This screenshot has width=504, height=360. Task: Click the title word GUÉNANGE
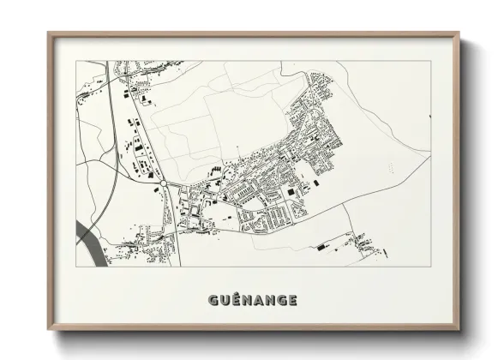(252, 300)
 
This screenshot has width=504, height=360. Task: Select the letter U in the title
(224, 300)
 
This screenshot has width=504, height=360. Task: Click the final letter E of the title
(293, 300)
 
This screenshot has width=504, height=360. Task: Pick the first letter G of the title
(212, 300)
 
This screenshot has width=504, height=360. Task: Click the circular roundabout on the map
(163, 183)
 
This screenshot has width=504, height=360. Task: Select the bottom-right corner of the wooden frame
(459, 329)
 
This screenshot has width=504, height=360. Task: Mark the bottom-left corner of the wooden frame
(49, 329)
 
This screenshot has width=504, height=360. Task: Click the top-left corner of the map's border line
(76, 61)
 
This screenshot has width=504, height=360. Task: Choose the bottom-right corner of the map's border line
(430, 266)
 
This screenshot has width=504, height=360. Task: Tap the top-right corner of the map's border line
(430, 61)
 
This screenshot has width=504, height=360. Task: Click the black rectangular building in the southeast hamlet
(321, 247)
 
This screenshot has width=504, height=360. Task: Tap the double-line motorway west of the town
(115, 120)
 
